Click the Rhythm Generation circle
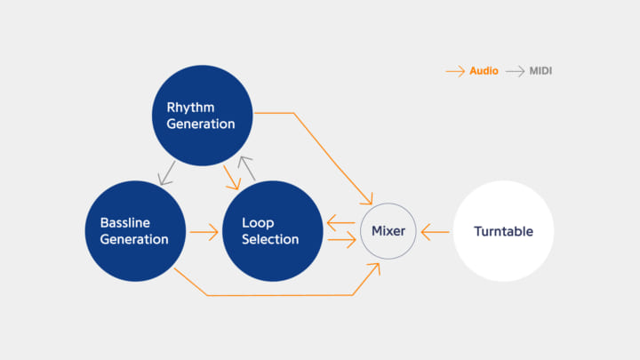[203, 116]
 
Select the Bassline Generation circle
[135, 231]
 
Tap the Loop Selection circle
[271, 231]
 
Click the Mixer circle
[388, 231]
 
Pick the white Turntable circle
[503, 231]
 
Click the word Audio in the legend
[484, 70]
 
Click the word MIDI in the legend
[540, 70]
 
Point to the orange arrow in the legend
[455, 70]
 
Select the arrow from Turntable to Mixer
[436, 232]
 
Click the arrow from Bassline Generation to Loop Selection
[204, 233]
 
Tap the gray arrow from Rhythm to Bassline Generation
[165, 173]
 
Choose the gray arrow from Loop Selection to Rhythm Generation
[248, 169]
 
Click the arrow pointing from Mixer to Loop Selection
[341, 223]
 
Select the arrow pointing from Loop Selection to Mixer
[341, 240]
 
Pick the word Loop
[258, 223]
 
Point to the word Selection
[270, 239]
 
